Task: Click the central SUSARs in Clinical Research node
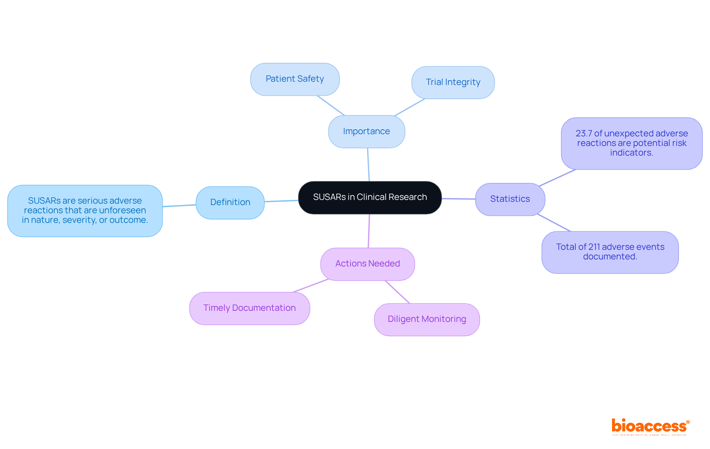[370, 197]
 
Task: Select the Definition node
[230, 203]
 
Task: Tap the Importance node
[366, 132]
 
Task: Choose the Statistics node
[510, 199]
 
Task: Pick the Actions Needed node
[368, 264]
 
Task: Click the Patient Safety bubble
[295, 79]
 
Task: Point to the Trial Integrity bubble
[453, 82]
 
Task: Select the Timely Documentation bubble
[250, 308]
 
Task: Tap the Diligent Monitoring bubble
[427, 319]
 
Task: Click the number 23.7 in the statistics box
[584, 133]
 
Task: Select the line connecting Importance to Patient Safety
[331, 106]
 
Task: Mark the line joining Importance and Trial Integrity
[410, 108]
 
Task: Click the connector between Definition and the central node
[281, 201]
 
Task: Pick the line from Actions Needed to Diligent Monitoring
[398, 292]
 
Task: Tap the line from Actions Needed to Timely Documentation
[311, 286]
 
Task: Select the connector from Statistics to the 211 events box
[554, 222]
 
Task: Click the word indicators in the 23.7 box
[632, 153]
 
